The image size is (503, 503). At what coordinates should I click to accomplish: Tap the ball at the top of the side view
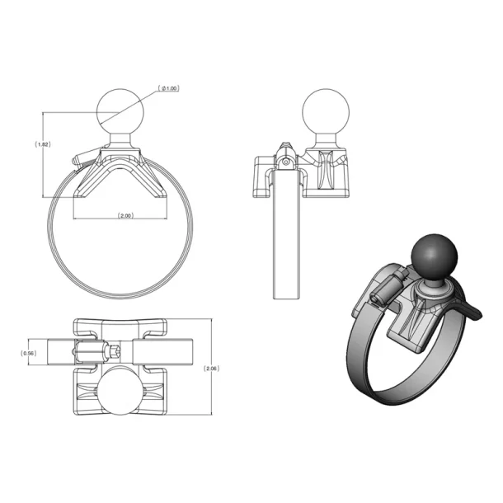coord(325,113)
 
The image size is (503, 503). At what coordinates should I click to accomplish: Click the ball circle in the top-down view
coord(124,394)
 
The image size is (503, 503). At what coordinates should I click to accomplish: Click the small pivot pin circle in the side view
coord(284,162)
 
